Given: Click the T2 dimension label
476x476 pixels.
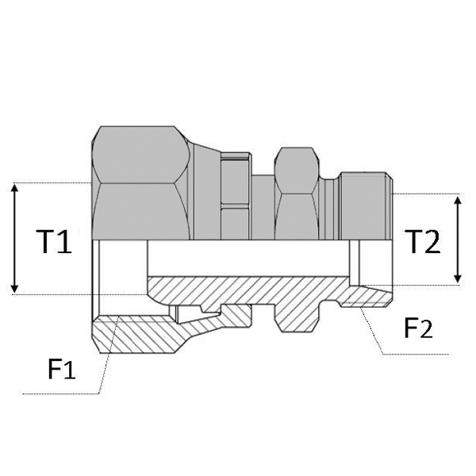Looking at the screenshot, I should tap(421, 242).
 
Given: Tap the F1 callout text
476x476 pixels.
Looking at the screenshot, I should tap(60, 370).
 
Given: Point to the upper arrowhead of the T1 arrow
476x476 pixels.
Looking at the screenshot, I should tap(14, 188).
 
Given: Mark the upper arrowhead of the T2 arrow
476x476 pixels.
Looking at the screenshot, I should tap(457, 201).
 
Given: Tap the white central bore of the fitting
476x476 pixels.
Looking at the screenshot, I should tap(246, 257).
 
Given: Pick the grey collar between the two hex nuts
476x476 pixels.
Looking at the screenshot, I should tap(235, 194).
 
